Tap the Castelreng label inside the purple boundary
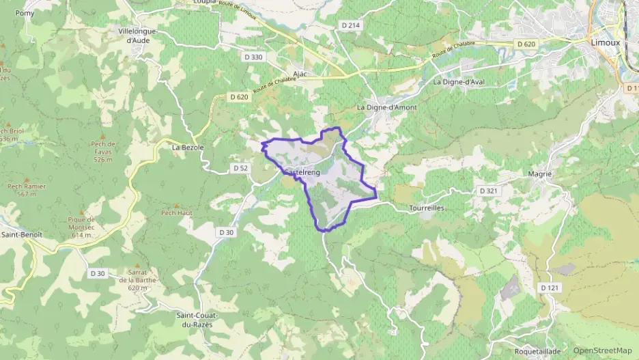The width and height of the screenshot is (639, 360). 302,173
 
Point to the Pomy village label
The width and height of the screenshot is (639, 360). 25,13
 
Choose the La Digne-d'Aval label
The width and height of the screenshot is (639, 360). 464,82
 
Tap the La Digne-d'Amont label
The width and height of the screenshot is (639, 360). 387,108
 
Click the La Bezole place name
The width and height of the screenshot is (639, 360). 188,147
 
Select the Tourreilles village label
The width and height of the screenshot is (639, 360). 427,208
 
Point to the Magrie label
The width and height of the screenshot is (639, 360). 540,174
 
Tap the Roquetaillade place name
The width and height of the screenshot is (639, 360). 537,351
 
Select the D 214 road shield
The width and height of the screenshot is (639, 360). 350,25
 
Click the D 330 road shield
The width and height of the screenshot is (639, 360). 253,57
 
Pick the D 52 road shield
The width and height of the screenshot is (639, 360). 240,168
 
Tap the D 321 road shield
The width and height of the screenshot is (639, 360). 488,191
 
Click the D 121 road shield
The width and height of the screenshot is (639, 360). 550,288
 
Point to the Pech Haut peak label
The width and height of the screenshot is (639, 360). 176,212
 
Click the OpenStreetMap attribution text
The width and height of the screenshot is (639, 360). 602,350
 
